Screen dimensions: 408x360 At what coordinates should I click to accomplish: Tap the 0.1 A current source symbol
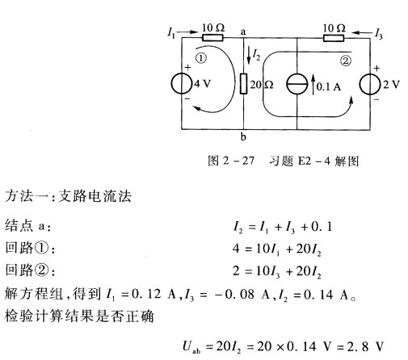(297, 84)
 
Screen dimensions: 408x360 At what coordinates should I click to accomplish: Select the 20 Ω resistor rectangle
(243, 84)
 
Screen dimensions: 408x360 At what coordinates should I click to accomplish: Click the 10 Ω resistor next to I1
(212, 38)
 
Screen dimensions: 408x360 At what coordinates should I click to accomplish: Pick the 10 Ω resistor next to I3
(334, 38)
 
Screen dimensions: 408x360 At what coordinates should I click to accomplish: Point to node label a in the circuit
(243, 32)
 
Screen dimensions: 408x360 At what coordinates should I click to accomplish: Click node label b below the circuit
(243, 137)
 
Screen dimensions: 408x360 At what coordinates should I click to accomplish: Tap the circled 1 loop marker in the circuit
(201, 58)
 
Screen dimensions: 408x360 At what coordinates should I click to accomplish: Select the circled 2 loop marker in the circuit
(346, 61)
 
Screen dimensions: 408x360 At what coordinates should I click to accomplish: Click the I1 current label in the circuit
(171, 33)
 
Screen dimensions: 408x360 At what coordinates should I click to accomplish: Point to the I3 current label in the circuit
(379, 34)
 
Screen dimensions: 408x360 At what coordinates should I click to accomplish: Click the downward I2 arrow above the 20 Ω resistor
(249, 55)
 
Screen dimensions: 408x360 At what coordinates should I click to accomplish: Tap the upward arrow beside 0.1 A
(313, 84)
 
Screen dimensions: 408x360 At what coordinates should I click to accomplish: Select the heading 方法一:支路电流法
(69, 196)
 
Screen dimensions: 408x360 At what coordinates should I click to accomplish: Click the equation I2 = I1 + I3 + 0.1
(283, 227)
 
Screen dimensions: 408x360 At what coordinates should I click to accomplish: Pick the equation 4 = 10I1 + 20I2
(277, 249)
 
